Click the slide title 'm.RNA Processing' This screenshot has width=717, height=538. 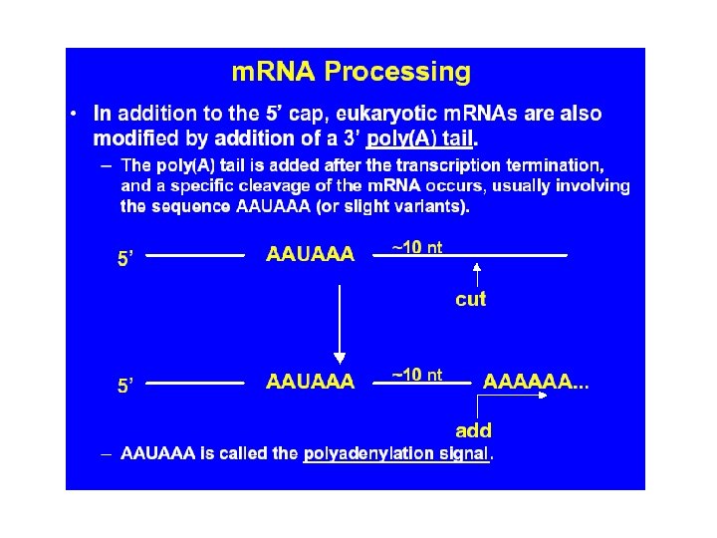click(x=351, y=73)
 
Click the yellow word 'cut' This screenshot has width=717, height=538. click(x=470, y=299)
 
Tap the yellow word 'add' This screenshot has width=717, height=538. click(x=473, y=430)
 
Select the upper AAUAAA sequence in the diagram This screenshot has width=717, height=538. click(x=310, y=254)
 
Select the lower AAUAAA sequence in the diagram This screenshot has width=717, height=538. click(x=310, y=381)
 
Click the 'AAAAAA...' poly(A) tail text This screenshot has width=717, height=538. click(x=536, y=381)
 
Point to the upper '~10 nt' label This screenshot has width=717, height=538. click(x=416, y=247)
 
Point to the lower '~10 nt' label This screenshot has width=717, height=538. click(x=416, y=375)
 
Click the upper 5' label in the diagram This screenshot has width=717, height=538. click(x=126, y=259)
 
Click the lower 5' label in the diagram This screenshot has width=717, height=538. click(x=126, y=386)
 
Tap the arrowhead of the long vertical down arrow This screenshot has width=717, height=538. click(x=340, y=357)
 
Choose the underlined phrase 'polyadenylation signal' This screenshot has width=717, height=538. click(x=396, y=453)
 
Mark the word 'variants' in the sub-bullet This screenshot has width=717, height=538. click(x=430, y=206)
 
